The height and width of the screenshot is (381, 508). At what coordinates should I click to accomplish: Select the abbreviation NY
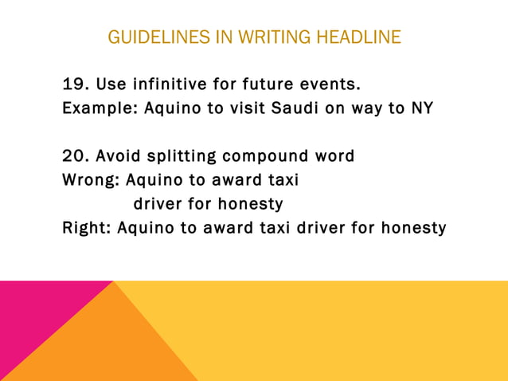pyautogui.click(x=422, y=108)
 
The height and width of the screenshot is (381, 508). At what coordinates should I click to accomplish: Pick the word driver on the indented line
pyautogui.click(x=159, y=204)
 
